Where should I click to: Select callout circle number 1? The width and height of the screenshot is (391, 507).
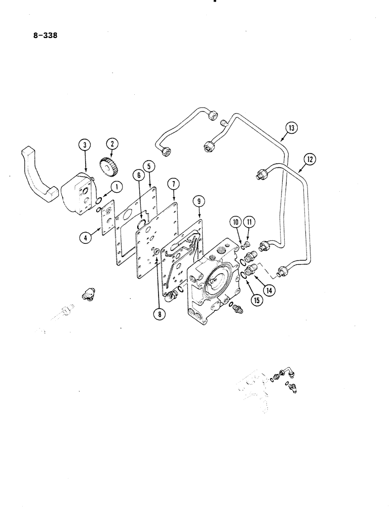[118, 187]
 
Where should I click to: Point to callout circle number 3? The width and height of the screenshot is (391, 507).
[85, 145]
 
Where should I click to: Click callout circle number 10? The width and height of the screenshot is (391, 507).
[236, 221]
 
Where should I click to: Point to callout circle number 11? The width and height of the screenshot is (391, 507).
[248, 221]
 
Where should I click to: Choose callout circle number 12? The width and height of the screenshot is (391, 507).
[308, 160]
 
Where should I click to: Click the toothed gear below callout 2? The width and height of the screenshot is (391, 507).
[108, 167]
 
